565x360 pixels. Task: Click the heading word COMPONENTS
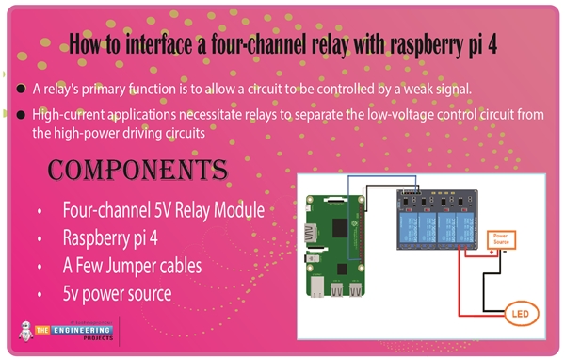click(x=137, y=171)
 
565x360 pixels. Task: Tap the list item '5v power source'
click(x=117, y=293)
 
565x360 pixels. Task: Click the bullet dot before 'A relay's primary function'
click(x=21, y=90)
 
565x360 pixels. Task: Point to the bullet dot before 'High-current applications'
click(x=21, y=115)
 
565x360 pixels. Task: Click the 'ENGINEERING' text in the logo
click(x=75, y=329)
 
